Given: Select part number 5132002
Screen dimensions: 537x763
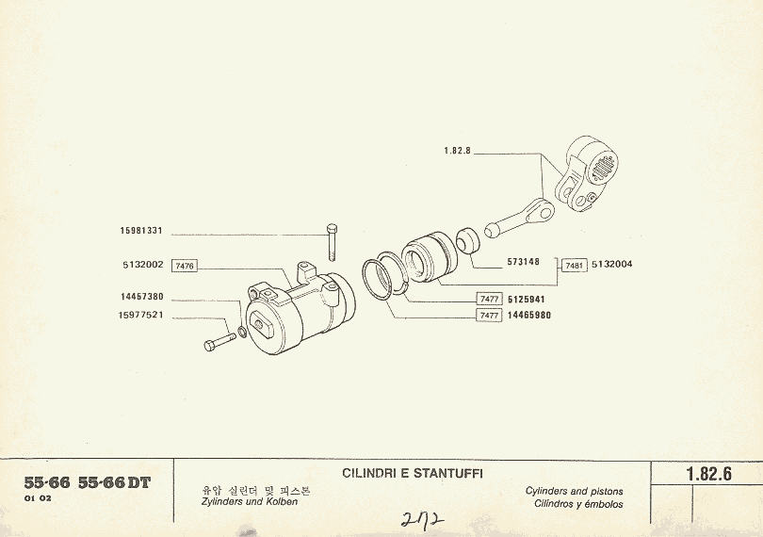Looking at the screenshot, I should (x=142, y=266).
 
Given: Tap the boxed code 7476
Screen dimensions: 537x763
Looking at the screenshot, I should (x=185, y=267).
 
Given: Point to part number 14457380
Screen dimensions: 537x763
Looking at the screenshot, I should (x=142, y=296).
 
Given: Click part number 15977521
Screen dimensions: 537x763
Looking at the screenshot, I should (x=142, y=315).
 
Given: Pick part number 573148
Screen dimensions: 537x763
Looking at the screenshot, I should (x=523, y=262).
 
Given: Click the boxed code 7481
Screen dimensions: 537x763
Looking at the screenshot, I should (x=575, y=266).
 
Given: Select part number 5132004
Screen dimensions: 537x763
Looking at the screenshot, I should (x=612, y=265).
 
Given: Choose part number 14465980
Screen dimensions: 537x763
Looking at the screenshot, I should (x=531, y=316).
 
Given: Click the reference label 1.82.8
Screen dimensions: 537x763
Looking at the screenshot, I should (x=456, y=150).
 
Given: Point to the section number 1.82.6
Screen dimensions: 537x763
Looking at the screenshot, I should (x=708, y=475).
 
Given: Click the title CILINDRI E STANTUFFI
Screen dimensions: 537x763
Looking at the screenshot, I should (x=412, y=473).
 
